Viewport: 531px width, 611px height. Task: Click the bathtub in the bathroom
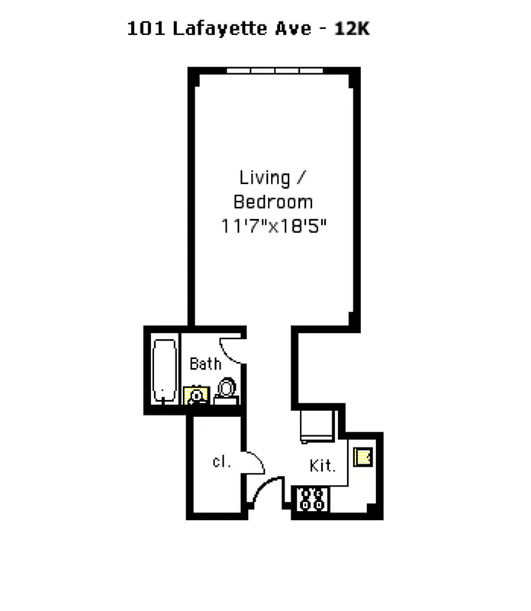[x=163, y=370]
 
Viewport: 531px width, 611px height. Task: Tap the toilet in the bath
[x=227, y=390]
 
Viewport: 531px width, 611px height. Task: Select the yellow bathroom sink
[x=196, y=395]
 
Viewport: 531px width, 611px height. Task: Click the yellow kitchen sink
[x=362, y=457]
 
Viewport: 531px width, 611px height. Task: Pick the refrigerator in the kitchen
[x=317, y=425]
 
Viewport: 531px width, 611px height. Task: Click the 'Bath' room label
[x=205, y=364]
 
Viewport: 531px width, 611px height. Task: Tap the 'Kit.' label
[x=322, y=465]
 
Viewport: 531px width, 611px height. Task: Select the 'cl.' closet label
[x=221, y=461]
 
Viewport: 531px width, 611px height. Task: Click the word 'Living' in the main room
[x=265, y=178]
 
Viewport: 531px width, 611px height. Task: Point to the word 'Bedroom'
[x=273, y=202]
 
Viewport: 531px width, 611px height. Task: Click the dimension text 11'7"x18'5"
[x=273, y=227]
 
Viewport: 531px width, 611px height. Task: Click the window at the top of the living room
[x=274, y=71]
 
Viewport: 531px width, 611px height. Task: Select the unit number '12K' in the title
[x=352, y=30]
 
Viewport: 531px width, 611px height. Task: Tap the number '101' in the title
[x=139, y=30]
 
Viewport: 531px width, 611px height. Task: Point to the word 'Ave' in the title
[x=294, y=30]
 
